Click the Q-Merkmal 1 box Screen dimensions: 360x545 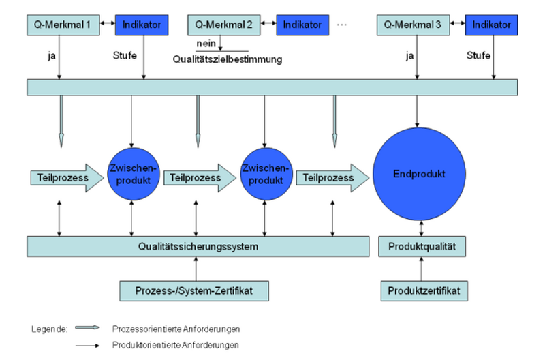(x=62, y=25)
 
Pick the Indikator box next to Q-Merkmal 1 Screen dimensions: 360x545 (x=142, y=25)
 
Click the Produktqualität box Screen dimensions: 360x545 (x=423, y=245)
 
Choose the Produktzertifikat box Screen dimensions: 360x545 (x=423, y=290)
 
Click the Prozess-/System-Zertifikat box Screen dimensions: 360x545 (x=193, y=290)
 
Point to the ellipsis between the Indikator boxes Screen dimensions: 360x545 (x=342, y=25)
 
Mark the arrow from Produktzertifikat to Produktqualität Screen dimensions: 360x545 (x=423, y=268)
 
